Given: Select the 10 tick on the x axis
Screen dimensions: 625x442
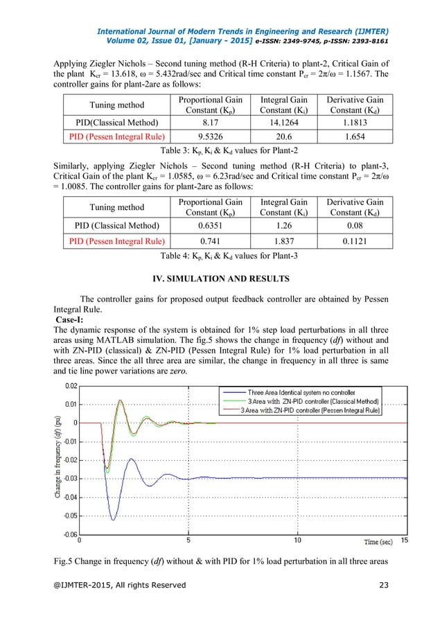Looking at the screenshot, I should (x=297, y=540).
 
